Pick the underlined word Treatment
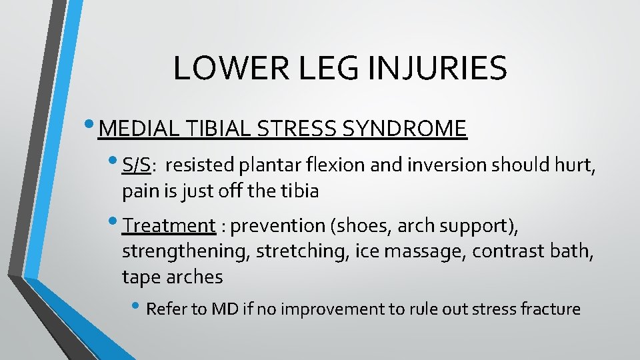(169, 226)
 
